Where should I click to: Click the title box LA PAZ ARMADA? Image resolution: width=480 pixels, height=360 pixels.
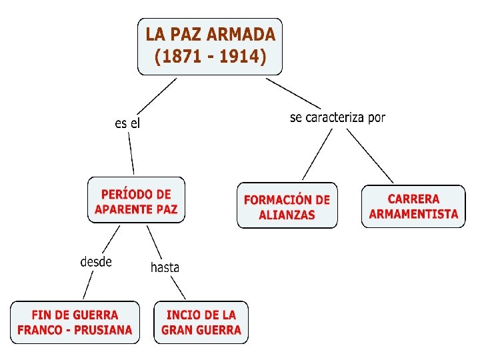(210, 45)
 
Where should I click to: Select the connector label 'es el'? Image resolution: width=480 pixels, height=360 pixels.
(127, 123)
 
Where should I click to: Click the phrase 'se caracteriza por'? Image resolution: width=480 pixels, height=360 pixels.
(337, 118)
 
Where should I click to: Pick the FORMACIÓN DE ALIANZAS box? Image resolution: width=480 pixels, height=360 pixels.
(287, 207)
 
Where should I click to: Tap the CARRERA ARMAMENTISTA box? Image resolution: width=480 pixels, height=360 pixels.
(413, 206)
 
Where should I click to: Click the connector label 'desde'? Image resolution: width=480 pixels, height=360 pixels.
(96, 261)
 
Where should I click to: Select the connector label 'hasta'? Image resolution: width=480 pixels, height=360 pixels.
(165, 267)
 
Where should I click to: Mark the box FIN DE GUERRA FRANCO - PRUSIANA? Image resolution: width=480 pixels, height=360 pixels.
(75, 323)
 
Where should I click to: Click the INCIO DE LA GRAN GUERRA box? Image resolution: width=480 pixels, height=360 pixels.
(201, 323)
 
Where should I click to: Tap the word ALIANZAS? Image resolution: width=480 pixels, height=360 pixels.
(287, 215)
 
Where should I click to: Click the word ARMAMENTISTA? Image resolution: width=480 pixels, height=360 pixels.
(413, 214)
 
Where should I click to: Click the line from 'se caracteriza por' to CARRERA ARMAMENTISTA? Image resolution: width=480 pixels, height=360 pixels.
(370, 155)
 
